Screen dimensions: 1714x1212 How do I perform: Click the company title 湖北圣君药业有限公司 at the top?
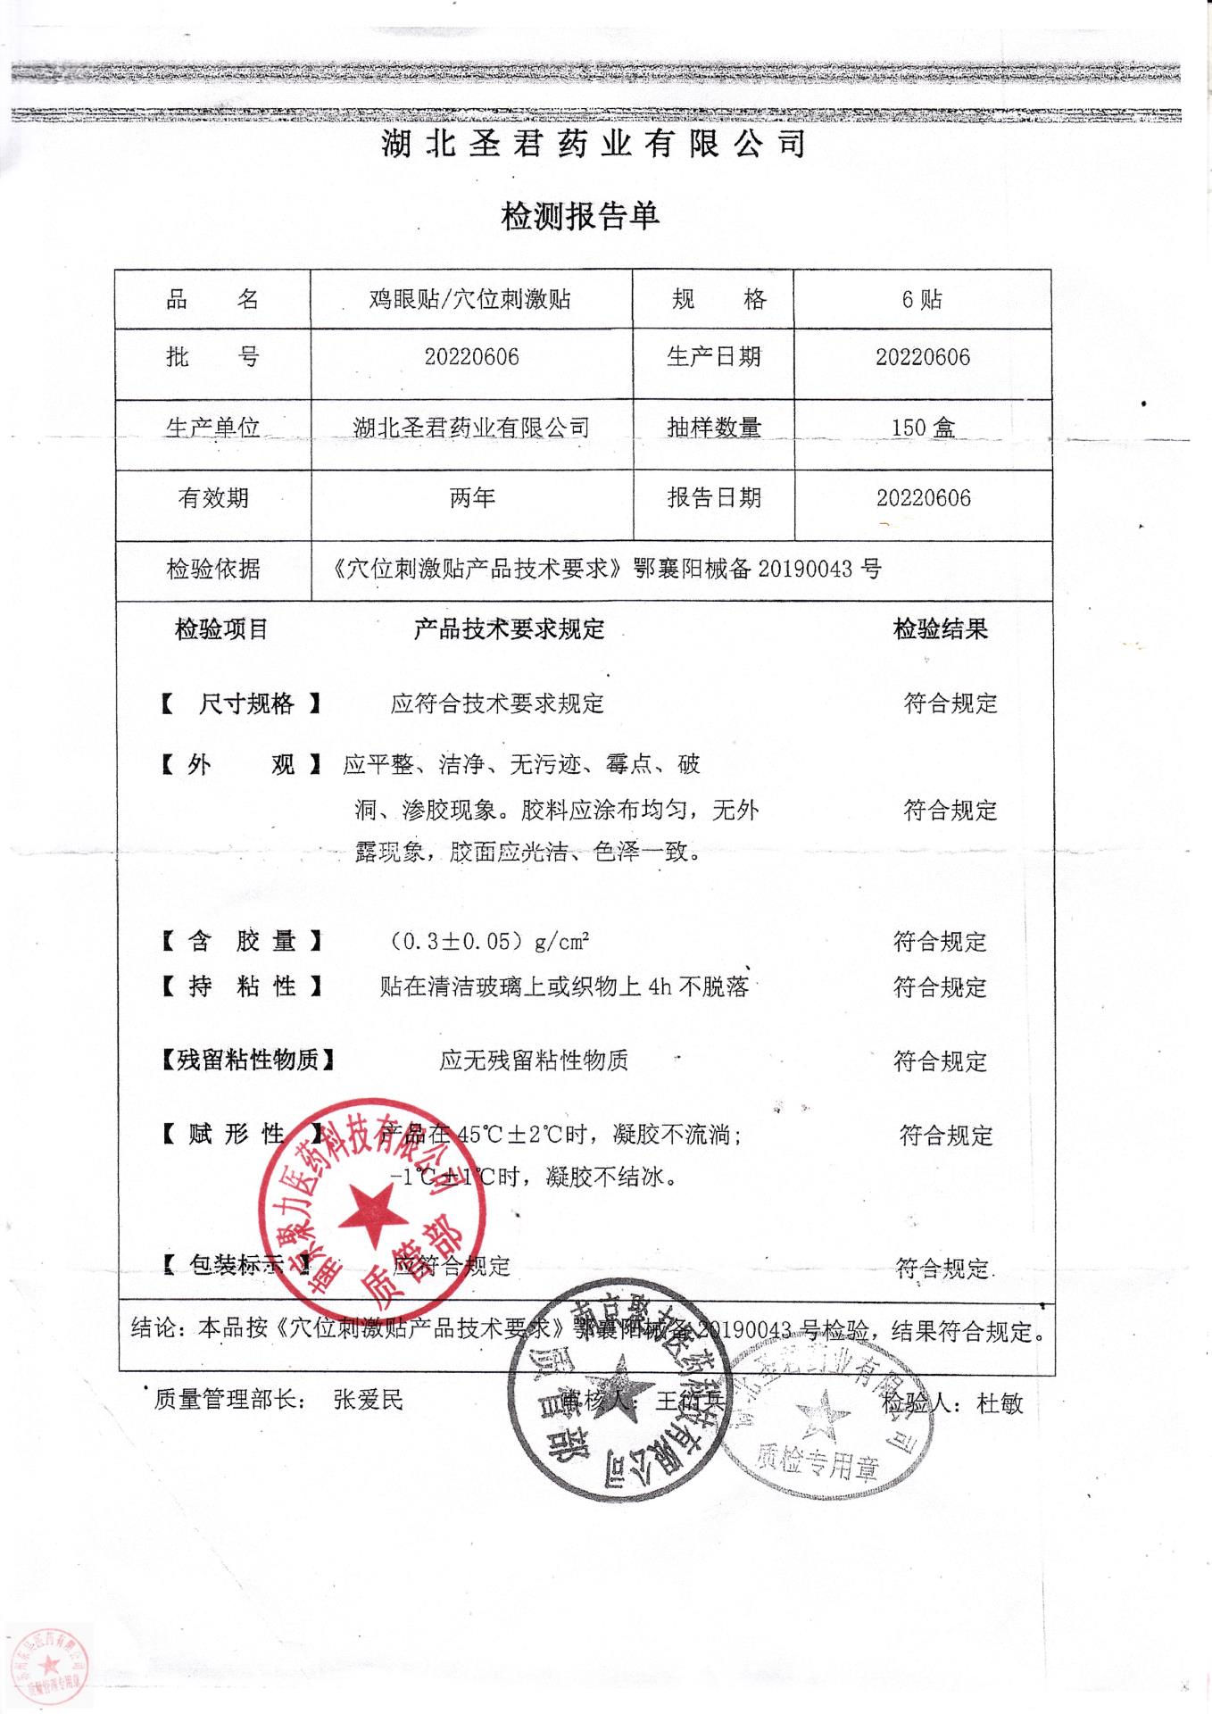coord(594,144)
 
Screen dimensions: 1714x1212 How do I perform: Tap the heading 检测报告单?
coord(580,216)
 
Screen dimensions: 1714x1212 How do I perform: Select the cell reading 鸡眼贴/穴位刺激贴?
coord(470,299)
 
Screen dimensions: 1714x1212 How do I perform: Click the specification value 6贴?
coord(922,299)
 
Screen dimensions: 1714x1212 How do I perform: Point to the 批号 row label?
coord(212,357)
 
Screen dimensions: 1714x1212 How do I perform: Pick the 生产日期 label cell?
coord(713,357)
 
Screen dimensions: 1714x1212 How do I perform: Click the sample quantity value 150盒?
coord(923,428)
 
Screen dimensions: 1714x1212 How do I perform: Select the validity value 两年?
coord(471,498)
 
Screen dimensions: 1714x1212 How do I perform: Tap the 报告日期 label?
coord(713,498)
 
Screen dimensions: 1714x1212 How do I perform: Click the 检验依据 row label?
coord(212,569)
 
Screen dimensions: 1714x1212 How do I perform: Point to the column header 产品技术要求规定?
coord(509,629)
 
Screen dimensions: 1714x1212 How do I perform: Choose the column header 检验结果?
coord(941,629)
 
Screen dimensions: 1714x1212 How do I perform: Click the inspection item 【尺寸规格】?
coord(241,703)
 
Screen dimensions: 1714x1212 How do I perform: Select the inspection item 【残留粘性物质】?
coord(248,1061)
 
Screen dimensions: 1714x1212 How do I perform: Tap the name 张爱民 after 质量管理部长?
coord(368,1400)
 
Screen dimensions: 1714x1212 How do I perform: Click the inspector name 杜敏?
coord(1000,1403)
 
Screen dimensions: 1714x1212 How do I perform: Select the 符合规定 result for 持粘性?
coord(940,987)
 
